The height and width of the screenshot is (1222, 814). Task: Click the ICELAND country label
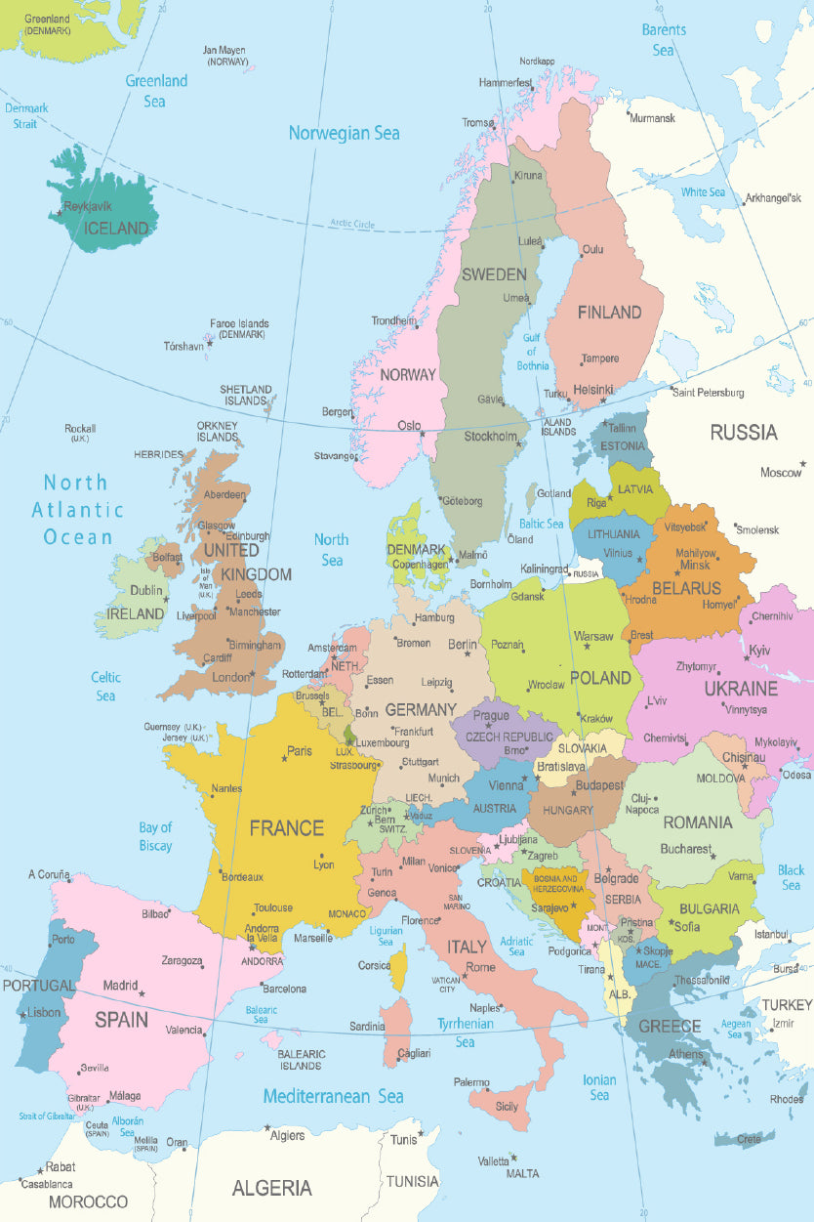coord(116,229)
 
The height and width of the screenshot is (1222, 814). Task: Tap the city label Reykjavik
coord(88,207)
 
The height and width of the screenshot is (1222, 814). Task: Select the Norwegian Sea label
coord(344,133)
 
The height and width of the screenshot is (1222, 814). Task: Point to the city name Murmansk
coord(652,118)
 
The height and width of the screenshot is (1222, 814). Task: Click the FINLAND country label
coord(609,313)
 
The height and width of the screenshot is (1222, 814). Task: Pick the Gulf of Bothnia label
coord(533,352)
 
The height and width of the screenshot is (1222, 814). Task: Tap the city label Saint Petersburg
coord(708,393)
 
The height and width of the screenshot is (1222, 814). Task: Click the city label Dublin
coord(146,590)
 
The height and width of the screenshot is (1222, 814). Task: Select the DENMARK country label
coord(417,549)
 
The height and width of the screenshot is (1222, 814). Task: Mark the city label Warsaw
coord(593,636)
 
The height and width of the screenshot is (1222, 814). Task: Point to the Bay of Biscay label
coord(155,836)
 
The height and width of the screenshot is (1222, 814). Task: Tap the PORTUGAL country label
coord(39,986)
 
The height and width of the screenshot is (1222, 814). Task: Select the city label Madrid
coord(120,986)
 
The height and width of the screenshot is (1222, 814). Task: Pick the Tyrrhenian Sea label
coord(465,1032)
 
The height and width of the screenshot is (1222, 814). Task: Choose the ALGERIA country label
coord(271,1189)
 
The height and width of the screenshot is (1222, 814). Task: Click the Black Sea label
coord(791,877)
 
